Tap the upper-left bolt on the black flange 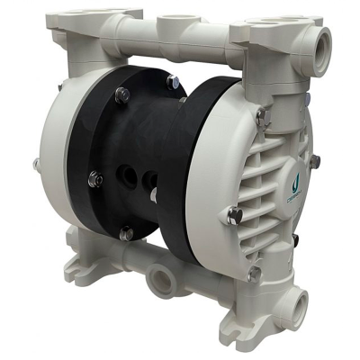[122, 94]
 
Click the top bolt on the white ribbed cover [260, 114]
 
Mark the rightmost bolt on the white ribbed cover [314, 161]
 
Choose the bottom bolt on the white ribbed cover [255, 271]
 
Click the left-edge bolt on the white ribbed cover [235, 215]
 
